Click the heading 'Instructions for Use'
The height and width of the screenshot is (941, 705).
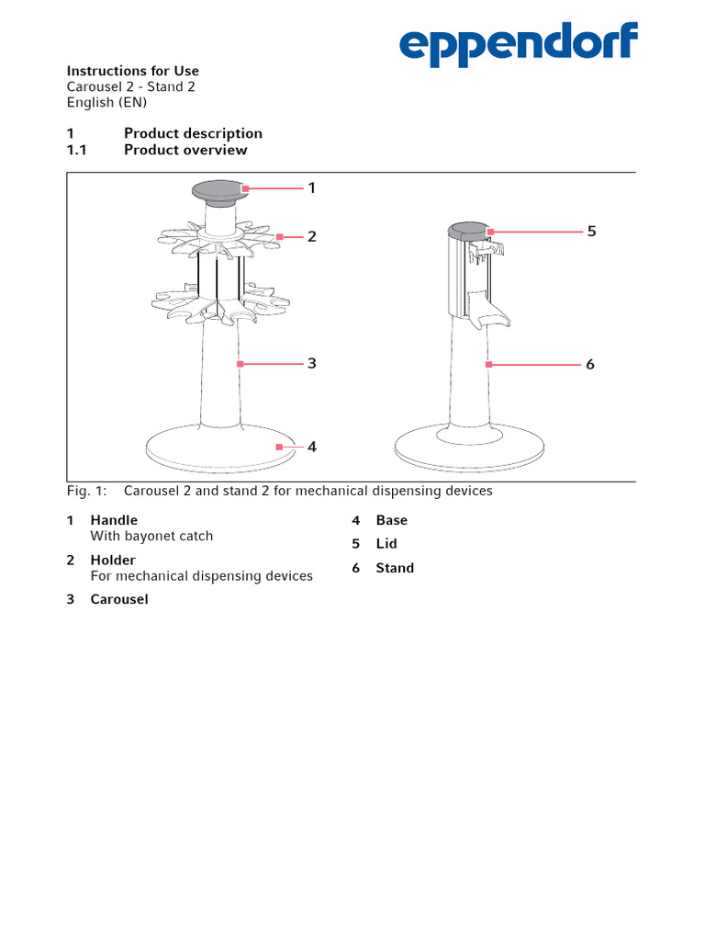point(132,71)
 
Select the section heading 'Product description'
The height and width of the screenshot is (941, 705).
point(193,133)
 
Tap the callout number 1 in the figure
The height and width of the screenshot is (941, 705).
point(311,187)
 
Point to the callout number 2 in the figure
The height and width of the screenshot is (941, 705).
point(311,236)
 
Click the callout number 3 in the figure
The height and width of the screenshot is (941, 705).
point(311,363)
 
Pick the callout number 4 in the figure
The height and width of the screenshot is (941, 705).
point(311,447)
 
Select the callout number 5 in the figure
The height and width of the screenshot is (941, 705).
point(591,231)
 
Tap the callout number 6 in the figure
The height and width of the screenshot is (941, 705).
point(590,364)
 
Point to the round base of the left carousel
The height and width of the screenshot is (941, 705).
point(220,449)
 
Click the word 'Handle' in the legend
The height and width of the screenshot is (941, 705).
point(114,520)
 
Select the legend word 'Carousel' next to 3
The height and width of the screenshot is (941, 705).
point(118,599)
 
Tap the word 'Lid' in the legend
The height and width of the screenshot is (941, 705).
point(386,544)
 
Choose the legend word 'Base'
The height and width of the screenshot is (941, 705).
point(391,520)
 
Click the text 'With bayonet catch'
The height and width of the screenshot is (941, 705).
point(151,536)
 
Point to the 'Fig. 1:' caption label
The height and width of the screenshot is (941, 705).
point(87,491)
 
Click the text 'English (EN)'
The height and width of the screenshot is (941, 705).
point(106,102)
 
